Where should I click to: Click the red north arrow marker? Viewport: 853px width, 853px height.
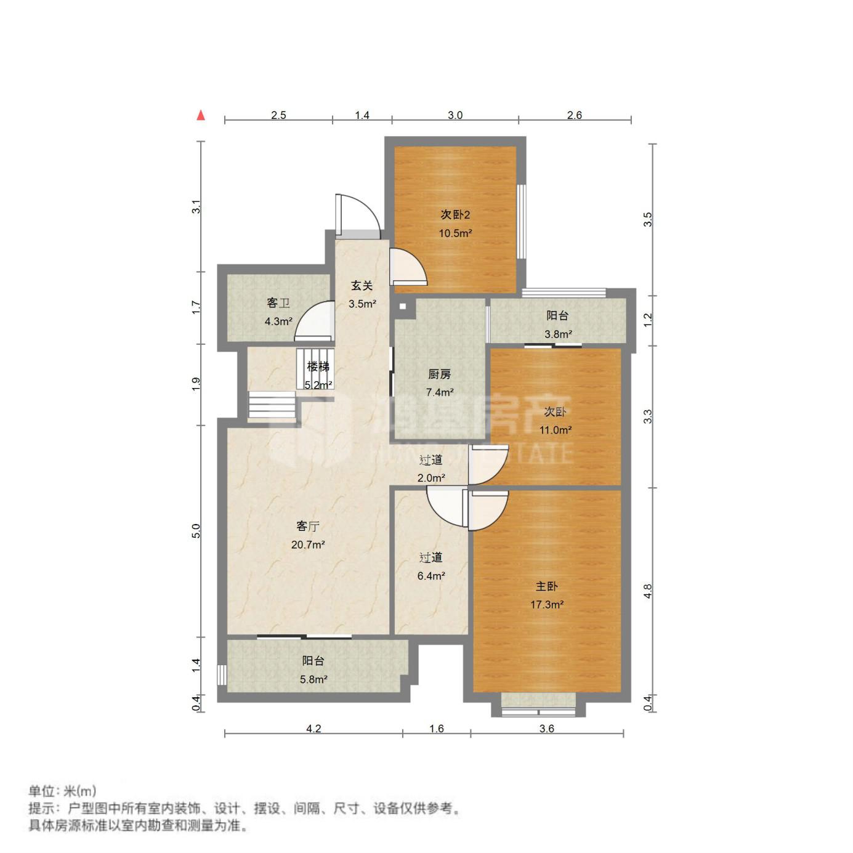coord(201,115)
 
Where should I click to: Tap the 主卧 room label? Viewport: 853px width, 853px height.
coord(546,586)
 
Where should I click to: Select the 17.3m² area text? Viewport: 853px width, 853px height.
coord(547,604)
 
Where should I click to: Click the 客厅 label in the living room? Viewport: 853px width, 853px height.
coord(308,526)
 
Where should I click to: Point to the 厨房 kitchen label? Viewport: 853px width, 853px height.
coord(439,374)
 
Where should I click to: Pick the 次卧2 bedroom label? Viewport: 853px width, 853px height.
coord(455,215)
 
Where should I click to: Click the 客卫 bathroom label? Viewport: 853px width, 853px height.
coord(278,303)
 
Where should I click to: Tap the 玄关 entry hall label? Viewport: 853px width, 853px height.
coord(362,286)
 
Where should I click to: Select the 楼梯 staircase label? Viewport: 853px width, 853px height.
coord(318,366)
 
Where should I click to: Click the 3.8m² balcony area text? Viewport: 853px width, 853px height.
coord(558,334)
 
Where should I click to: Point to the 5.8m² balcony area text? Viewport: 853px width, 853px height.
coord(313,679)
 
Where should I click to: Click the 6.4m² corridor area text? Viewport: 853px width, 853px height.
coord(431,575)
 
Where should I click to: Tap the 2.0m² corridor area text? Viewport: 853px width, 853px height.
coord(431,478)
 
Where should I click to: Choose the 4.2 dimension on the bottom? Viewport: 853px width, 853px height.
coord(313,728)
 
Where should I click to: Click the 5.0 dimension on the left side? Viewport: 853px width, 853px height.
coord(196,531)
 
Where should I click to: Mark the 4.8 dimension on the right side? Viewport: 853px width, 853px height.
coord(648,591)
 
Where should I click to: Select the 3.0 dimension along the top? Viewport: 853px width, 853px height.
coord(455,115)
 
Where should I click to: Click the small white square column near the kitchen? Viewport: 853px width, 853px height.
coord(402,306)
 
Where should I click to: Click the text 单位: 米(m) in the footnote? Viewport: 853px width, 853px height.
coord(62,791)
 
